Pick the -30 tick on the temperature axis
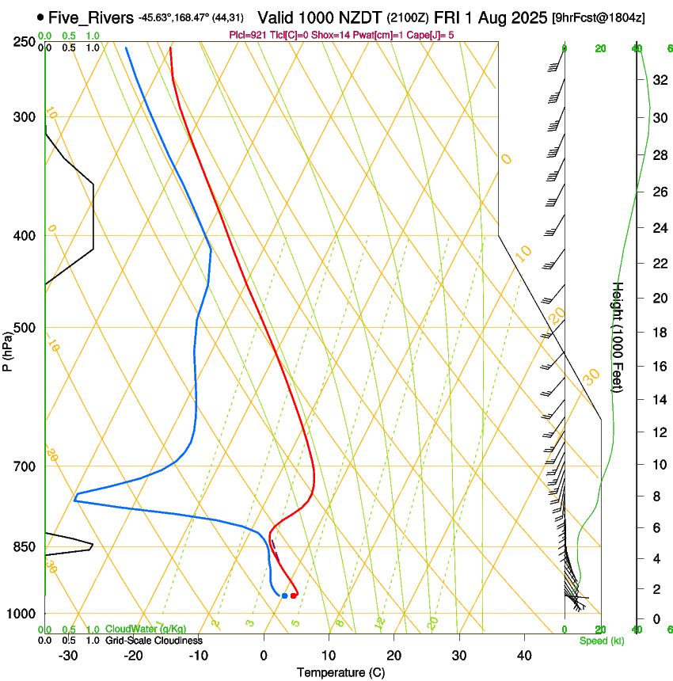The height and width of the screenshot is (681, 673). pyautogui.click(x=68, y=655)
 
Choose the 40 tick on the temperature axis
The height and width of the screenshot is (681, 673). pyautogui.click(x=524, y=655)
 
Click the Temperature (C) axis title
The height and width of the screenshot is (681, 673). pyautogui.click(x=340, y=672)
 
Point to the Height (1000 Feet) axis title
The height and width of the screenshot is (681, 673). pyautogui.click(x=618, y=337)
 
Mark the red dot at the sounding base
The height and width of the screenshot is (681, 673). pyautogui.click(x=293, y=595)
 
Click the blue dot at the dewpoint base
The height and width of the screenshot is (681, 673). pyautogui.click(x=284, y=595)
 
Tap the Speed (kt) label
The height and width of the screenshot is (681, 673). pyautogui.click(x=595, y=640)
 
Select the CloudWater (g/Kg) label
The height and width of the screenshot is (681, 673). pyautogui.click(x=146, y=630)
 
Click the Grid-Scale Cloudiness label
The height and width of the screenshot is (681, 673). pyautogui.click(x=154, y=640)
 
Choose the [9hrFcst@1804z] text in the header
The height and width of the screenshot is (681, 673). pyautogui.click(x=598, y=17)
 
